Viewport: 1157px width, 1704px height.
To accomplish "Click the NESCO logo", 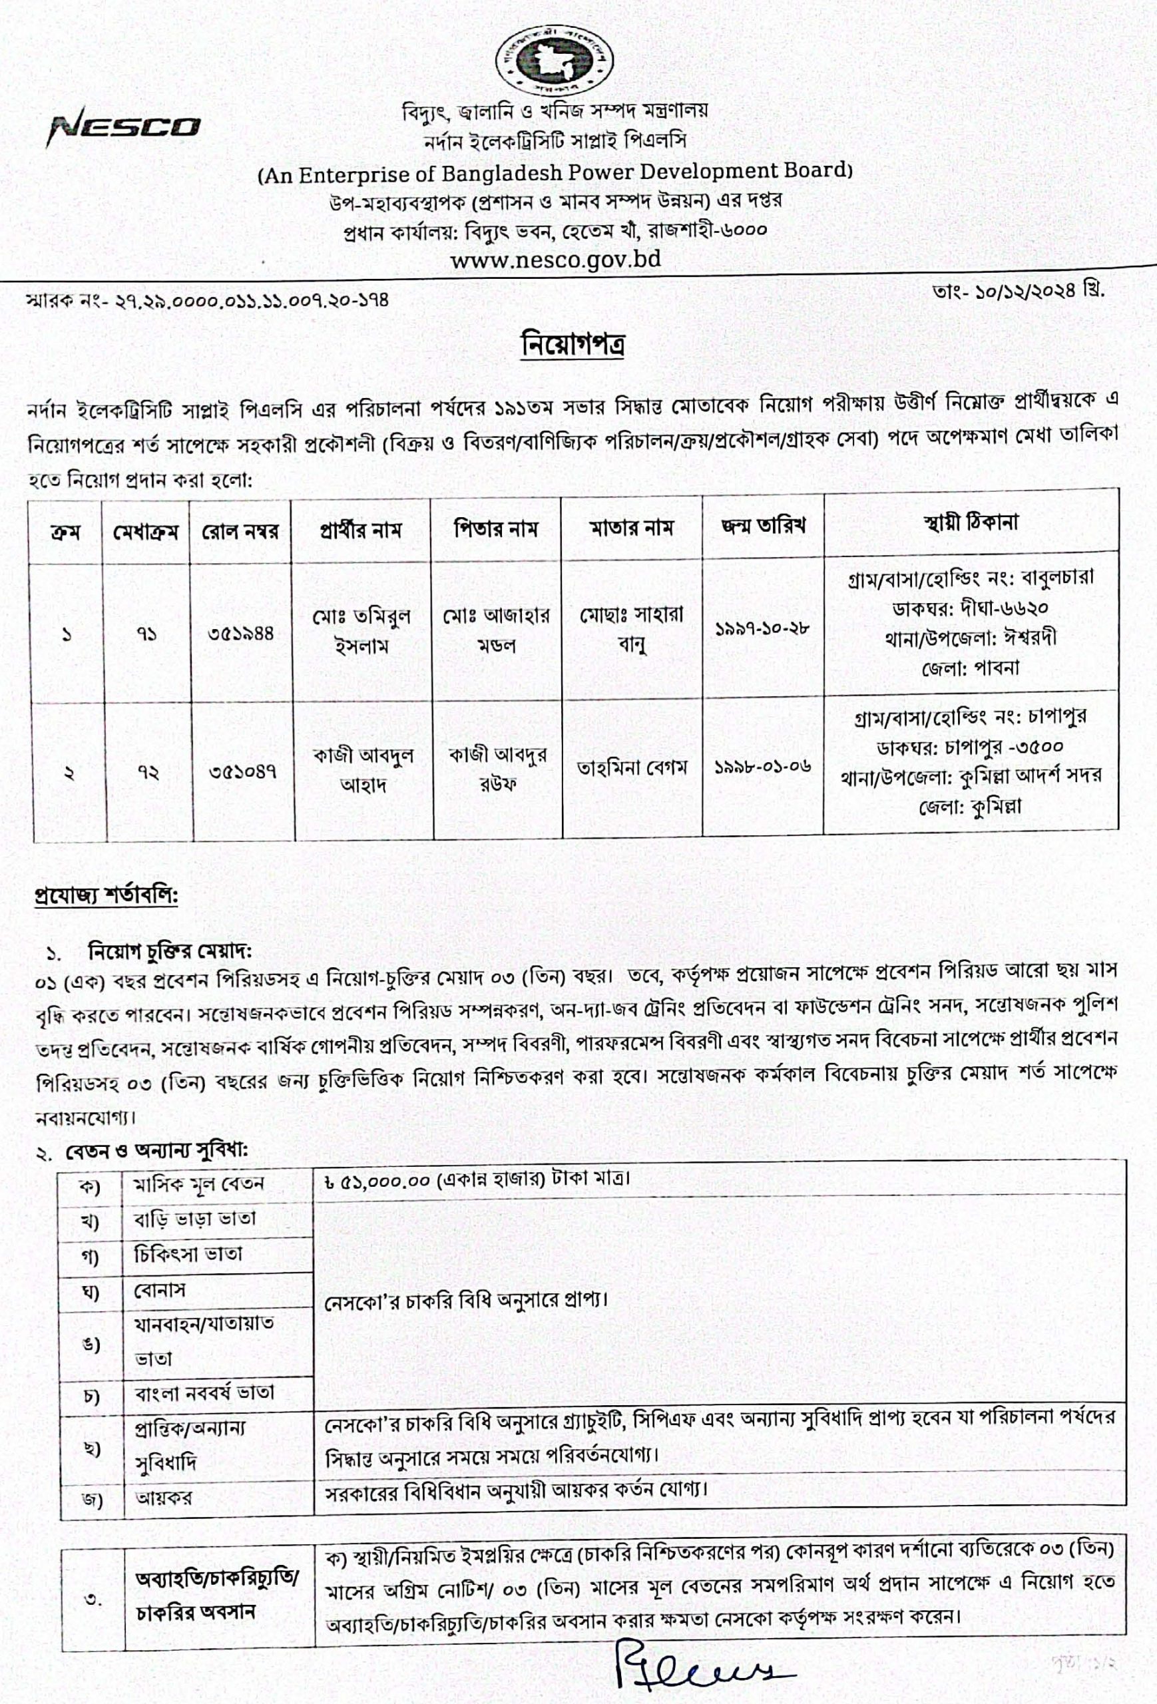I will tap(124, 128).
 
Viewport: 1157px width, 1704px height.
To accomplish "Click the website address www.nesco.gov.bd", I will tap(555, 260).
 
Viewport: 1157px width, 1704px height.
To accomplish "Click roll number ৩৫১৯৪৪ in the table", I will tap(241, 633).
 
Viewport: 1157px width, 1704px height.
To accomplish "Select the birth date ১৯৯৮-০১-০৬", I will tap(762, 767).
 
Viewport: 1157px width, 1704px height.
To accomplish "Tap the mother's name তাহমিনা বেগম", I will tap(631, 767).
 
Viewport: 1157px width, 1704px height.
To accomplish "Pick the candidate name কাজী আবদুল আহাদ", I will tap(363, 770).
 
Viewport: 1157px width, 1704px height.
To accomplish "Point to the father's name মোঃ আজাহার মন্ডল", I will tap(496, 630).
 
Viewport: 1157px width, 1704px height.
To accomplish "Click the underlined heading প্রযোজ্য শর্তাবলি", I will tap(107, 896).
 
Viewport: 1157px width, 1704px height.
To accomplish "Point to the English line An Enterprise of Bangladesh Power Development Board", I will tap(555, 172).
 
